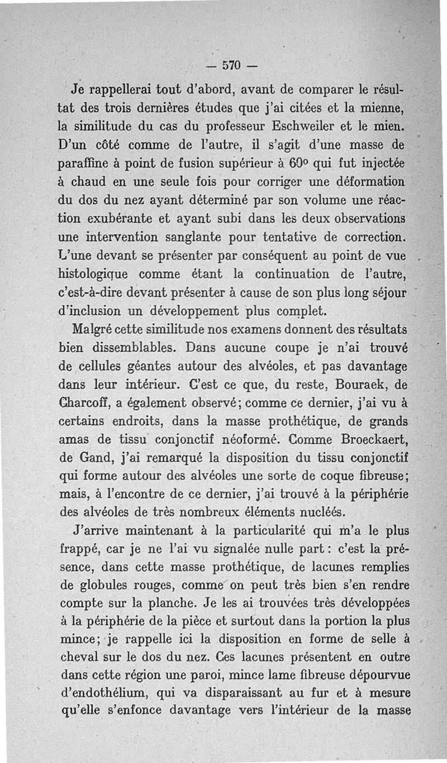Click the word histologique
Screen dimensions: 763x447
[93, 275]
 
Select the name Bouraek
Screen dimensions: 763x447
[366, 384]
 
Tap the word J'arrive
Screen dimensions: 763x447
[93, 531]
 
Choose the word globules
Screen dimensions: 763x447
[101, 586]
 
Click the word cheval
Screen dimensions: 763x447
[78, 658]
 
